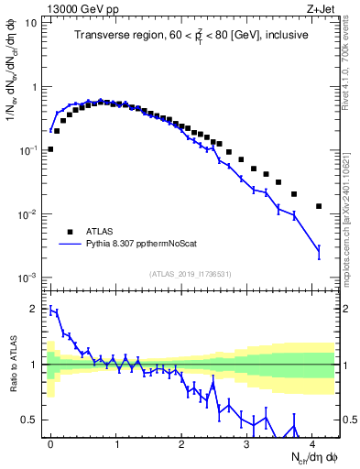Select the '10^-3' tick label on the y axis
pos(27,278)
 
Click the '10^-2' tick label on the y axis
pos(27,214)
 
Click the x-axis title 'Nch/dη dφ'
pos(311,457)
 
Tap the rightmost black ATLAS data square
pos(319,206)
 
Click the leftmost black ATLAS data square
pos(50,148)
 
